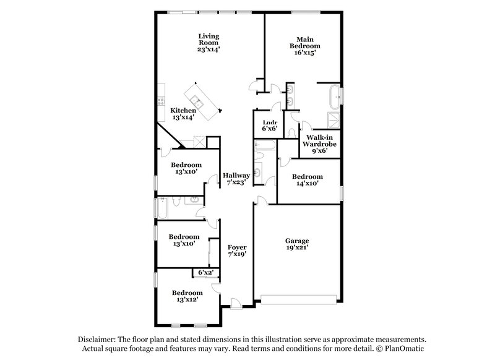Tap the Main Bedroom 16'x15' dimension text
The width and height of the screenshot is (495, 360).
pyautogui.click(x=305, y=53)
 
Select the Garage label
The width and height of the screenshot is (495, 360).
pyautogui.click(x=297, y=241)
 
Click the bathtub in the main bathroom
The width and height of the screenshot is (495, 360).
pyautogui.click(x=335, y=96)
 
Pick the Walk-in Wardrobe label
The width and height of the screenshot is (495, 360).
pyautogui.click(x=319, y=140)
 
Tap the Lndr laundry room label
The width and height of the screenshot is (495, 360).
pyautogui.click(x=270, y=122)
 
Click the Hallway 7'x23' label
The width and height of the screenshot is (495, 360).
pyautogui.click(x=236, y=179)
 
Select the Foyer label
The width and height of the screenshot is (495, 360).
pyautogui.click(x=237, y=247)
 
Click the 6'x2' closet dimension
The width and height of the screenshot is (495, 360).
pyautogui.click(x=206, y=272)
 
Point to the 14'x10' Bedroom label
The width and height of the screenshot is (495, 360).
pyautogui.click(x=307, y=180)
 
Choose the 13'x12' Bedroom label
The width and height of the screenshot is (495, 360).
pyautogui.click(x=187, y=296)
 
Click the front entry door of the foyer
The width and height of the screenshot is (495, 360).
pyautogui.click(x=236, y=303)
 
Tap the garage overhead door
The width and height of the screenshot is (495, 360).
pyautogui.click(x=298, y=300)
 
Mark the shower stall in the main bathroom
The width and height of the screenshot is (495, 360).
pyautogui.click(x=334, y=120)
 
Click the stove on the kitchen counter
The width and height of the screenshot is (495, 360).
pyautogui.click(x=161, y=101)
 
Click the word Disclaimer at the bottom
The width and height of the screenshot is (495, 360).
pyautogui.click(x=97, y=340)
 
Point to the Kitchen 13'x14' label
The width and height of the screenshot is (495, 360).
pyautogui.click(x=183, y=114)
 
